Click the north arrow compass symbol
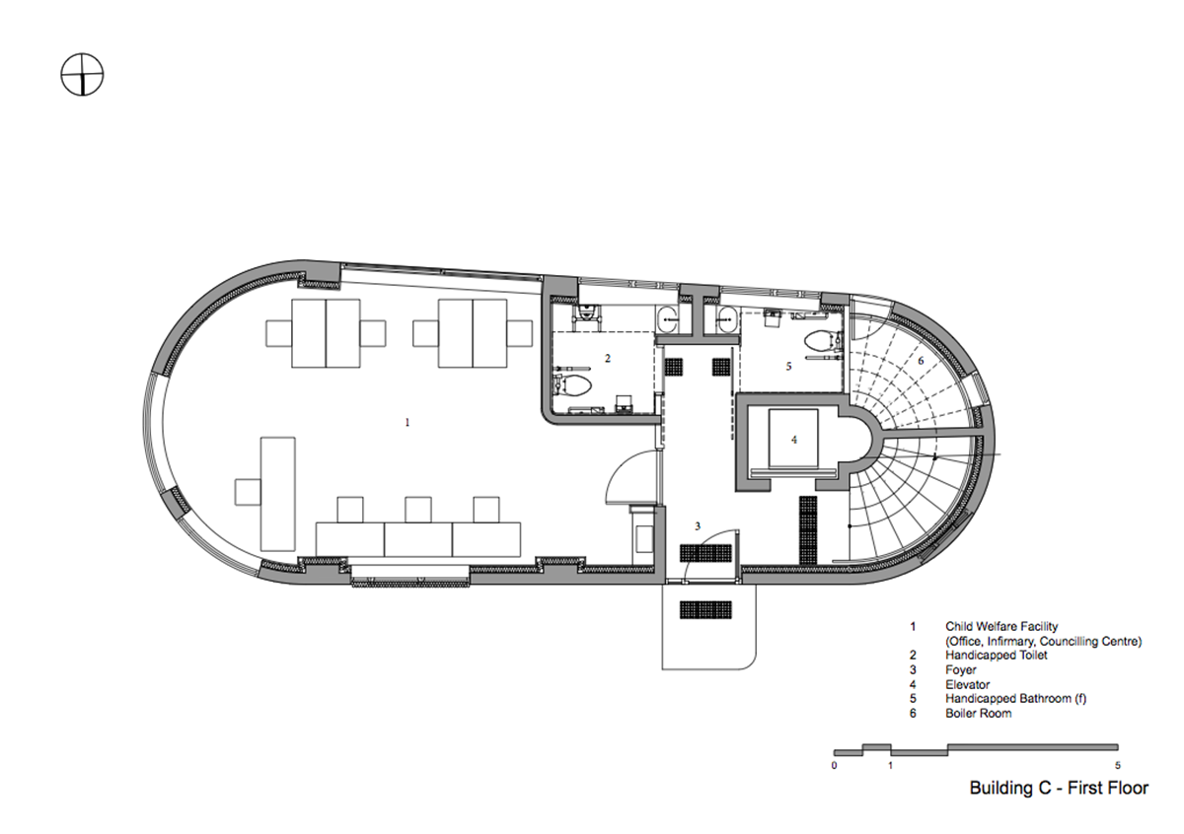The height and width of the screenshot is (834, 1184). [82, 74]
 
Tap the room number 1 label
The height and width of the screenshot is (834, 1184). [407, 422]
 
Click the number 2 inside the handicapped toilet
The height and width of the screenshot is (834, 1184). [608, 358]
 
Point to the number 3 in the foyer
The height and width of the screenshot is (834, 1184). [698, 526]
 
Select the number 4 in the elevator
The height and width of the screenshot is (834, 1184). [794, 440]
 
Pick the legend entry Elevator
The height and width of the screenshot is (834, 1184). [967, 684]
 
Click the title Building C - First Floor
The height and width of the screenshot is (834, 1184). [1059, 788]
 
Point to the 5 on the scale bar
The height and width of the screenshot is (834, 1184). [1117, 765]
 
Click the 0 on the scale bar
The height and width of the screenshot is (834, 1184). [834, 765]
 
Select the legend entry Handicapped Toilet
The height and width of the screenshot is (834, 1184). [996, 655]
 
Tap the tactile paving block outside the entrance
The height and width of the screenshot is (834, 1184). [705, 609]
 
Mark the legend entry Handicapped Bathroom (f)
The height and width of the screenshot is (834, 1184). [1015, 698]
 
